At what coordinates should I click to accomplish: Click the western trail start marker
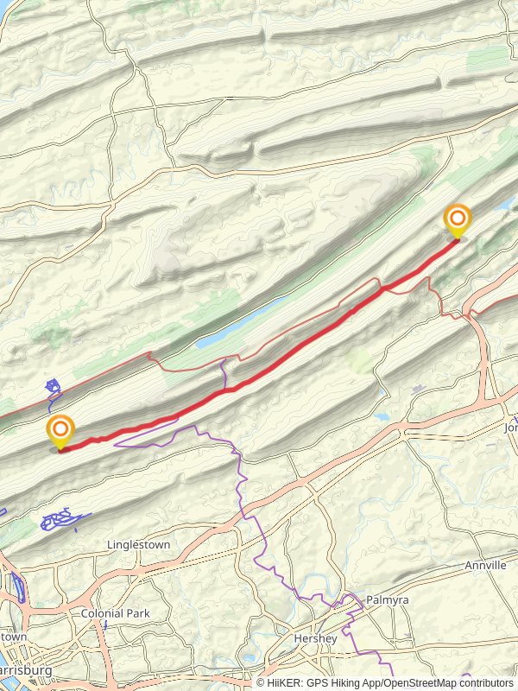click(x=60, y=431)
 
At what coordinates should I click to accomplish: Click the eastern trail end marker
click(x=457, y=219)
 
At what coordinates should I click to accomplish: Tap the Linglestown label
click(x=138, y=545)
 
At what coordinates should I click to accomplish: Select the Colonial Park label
click(x=115, y=613)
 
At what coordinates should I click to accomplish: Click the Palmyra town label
click(x=386, y=599)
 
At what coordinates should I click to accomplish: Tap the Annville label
click(x=485, y=565)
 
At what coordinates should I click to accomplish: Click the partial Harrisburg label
click(x=26, y=670)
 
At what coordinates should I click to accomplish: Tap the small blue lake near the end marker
click(x=504, y=205)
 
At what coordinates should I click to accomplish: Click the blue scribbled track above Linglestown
click(x=60, y=520)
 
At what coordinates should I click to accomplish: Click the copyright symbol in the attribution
click(x=261, y=682)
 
